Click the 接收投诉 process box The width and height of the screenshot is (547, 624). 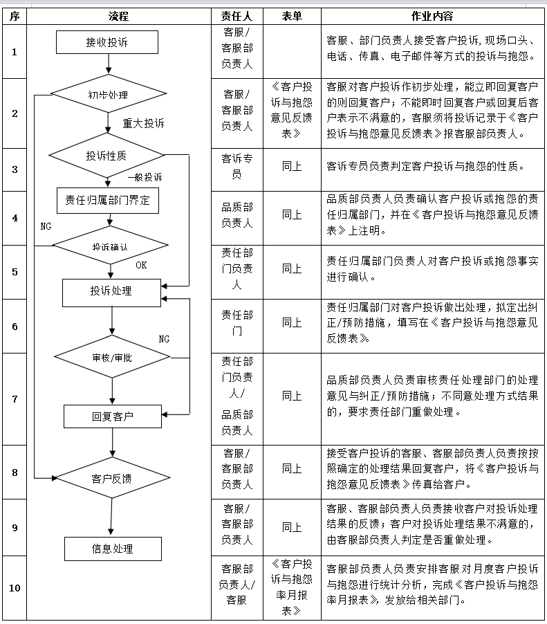point(107,42)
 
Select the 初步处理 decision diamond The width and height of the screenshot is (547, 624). point(109,94)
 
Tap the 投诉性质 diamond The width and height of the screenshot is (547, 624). point(107,156)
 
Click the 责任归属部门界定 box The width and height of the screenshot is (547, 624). point(107,201)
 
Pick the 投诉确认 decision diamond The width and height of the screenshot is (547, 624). point(111,246)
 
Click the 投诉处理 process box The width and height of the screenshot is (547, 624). point(111,291)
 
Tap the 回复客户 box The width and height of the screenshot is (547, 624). point(112,416)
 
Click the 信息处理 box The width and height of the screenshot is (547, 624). point(112,549)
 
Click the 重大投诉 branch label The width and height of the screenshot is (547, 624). point(143,123)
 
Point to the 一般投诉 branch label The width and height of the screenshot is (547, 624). point(145,177)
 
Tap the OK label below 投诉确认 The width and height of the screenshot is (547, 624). point(141,264)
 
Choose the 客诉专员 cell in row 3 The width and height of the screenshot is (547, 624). point(237,167)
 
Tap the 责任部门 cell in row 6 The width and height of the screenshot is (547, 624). point(237,322)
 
